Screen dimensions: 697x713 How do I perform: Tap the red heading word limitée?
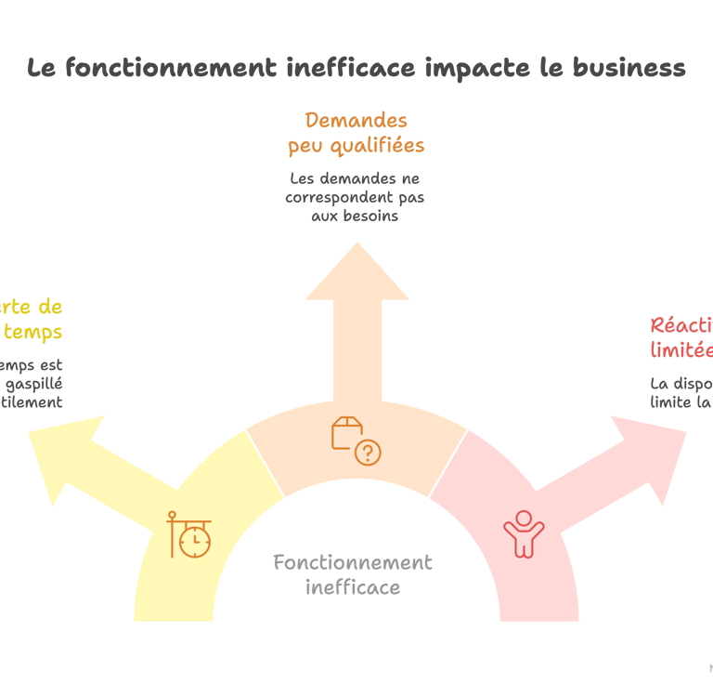click(x=682, y=350)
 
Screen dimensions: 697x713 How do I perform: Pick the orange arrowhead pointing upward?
click(x=356, y=270)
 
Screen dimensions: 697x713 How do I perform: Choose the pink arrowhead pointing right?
click(x=655, y=446)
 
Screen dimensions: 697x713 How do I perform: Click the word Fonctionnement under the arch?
click(x=353, y=562)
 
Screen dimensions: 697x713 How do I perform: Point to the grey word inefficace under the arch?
click(x=353, y=587)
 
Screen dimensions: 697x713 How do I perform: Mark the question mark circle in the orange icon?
click(x=369, y=453)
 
